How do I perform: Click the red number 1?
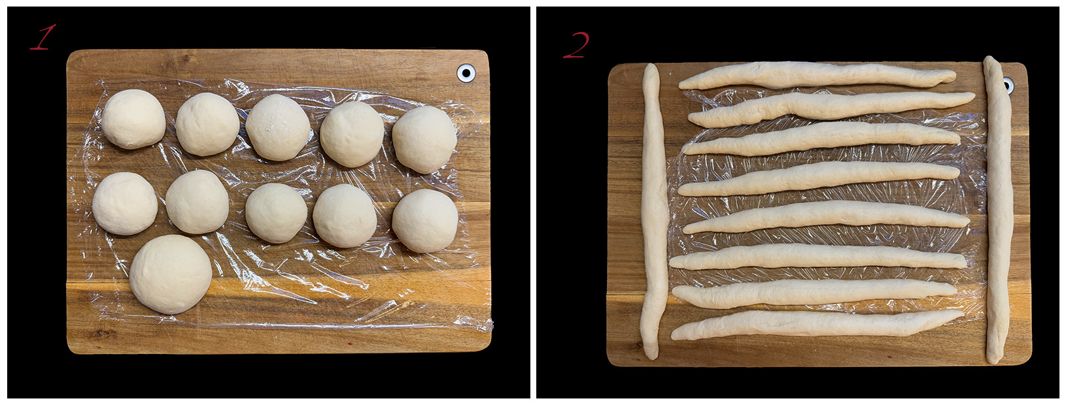point(43,37)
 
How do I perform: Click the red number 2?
point(576,45)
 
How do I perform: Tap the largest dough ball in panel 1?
point(171,274)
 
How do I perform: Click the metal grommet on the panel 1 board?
point(466,73)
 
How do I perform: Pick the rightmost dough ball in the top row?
point(424,139)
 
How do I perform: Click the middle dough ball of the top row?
point(278,127)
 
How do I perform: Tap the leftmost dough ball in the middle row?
point(125,203)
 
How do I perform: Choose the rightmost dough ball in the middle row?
point(425,221)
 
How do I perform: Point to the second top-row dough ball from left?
point(207,124)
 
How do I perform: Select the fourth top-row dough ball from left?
point(352,134)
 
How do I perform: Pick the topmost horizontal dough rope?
point(817,76)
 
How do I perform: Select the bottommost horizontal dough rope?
point(817,325)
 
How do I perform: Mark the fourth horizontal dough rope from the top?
point(819,178)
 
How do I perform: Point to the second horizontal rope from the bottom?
point(815,293)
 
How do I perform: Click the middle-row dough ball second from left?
point(197,202)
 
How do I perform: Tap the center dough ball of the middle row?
point(276,213)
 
